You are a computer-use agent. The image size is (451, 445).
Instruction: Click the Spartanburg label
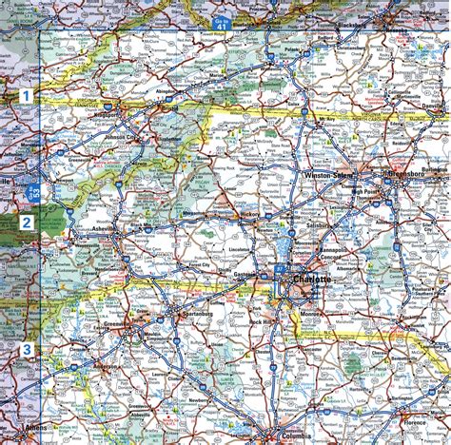tap(184, 314)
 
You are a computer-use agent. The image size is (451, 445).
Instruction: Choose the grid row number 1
tap(27, 95)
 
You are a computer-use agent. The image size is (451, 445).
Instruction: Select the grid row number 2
tap(28, 223)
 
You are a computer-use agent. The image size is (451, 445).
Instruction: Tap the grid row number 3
tap(28, 350)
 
